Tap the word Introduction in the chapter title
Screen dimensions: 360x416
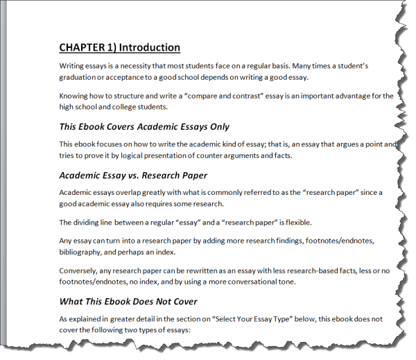click(x=150, y=48)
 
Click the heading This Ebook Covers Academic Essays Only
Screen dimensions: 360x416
click(x=144, y=127)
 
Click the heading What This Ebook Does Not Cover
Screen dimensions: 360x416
click(x=128, y=301)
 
